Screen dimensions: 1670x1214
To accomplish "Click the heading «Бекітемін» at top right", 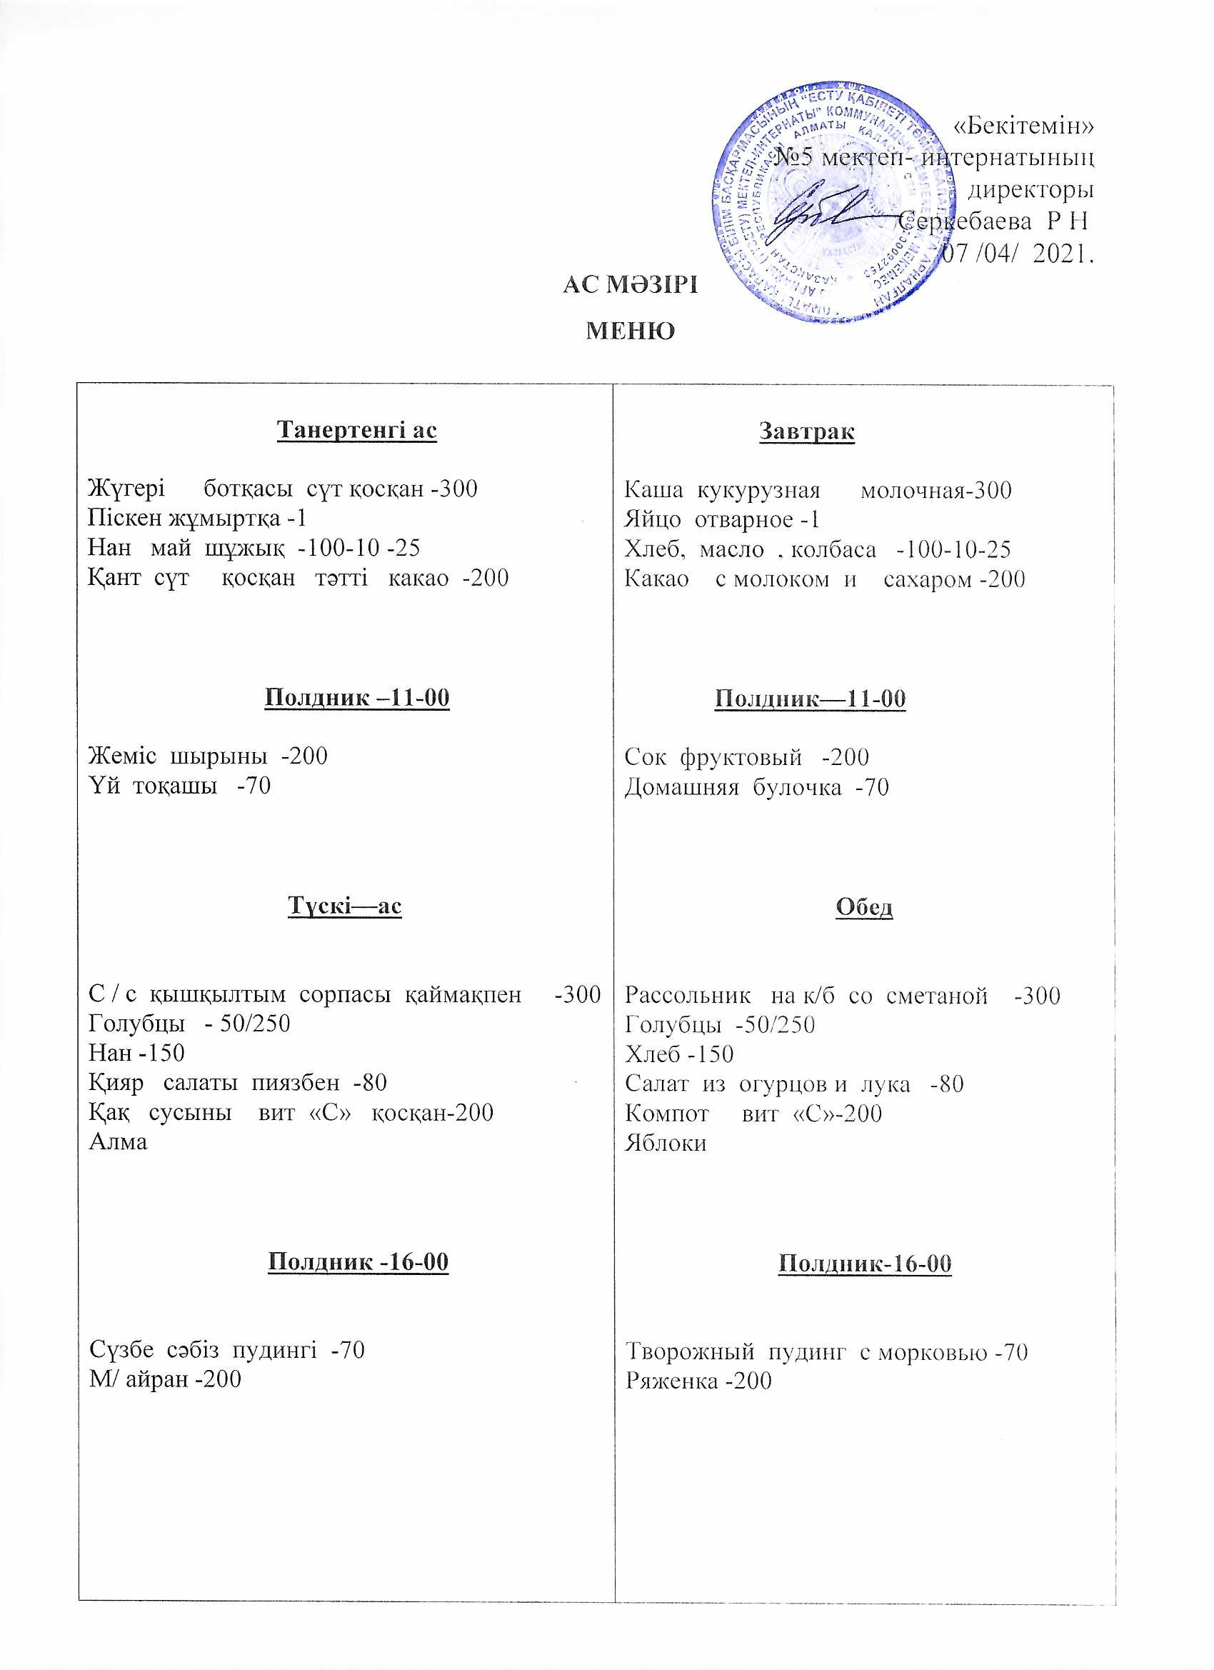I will click(1023, 126).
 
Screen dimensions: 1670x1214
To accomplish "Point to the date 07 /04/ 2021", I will click(1017, 254).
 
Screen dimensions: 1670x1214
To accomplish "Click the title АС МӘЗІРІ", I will click(630, 285).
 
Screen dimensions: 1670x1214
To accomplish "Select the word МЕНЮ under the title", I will click(630, 331).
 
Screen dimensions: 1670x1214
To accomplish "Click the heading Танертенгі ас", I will click(357, 429).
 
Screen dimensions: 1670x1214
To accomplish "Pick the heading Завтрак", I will click(807, 431).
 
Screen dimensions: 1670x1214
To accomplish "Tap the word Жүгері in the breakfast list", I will click(126, 489).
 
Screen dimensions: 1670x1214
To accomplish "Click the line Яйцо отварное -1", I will click(721, 520).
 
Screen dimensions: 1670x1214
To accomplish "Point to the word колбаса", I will click(833, 550).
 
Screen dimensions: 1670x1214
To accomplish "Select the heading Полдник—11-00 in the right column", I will click(810, 698).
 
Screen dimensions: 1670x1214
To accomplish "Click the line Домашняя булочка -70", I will click(757, 788).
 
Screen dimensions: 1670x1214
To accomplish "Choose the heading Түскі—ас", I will click(344, 905).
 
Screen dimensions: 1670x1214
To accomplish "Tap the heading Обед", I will click(864, 906).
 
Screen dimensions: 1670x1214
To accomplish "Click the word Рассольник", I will click(688, 996).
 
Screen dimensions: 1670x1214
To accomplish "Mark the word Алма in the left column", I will click(118, 1142).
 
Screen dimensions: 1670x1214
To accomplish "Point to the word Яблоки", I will click(666, 1144).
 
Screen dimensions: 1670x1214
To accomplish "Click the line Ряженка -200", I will click(698, 1381).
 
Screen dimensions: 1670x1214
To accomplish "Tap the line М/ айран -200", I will click(165, 1379).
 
